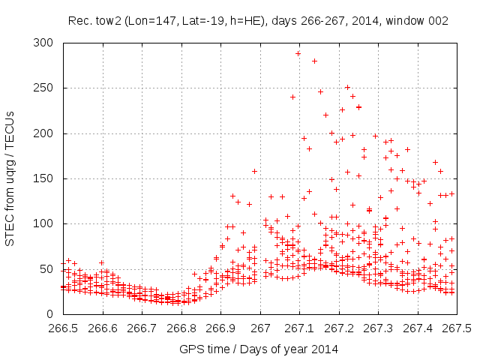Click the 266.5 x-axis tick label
pyautogui.click(x=63, y=328)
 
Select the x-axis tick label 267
pyautogui.click(x=260, y=328)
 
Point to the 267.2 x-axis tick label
pyautogui.click(x=339, y=328)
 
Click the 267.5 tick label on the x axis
pyautogui.click(x=457, y=328)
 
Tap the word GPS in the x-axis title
pyautogui.click(x=191, y=349)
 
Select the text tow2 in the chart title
pyautogui.click(x=102, y=21)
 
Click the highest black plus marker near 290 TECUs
pyautogui.click(x=298, y=53)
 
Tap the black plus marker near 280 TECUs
pyautogui.click(x=314, y=61)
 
